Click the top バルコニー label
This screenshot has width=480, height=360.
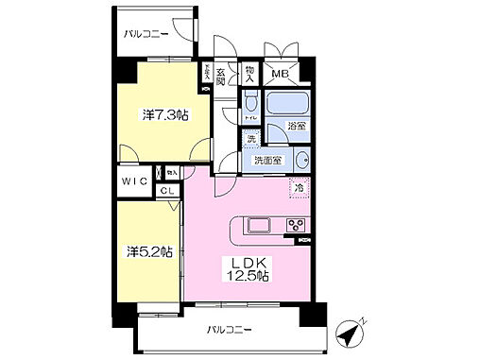(x=146, y=34)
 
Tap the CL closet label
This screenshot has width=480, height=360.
(x=165, y=190)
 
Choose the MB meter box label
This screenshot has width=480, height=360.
(x=280, y=73)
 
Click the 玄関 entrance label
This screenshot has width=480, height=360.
(x=219, y=77)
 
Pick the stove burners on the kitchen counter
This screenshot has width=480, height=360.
(x=295, y=225)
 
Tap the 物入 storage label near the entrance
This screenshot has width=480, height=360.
(x=249, y=72)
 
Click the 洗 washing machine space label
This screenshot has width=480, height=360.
(x=251, y=140)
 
